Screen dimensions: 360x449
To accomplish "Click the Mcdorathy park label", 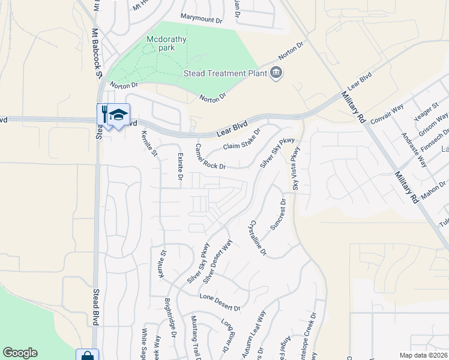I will point(167,43).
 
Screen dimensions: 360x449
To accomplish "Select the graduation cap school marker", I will point(119,115).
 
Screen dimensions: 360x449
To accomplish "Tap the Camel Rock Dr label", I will point(211,157).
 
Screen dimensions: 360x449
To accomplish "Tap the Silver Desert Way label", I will point(218,262).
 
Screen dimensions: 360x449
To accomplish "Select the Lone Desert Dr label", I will point(220,302).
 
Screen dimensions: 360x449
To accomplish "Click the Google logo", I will point(20,353).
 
